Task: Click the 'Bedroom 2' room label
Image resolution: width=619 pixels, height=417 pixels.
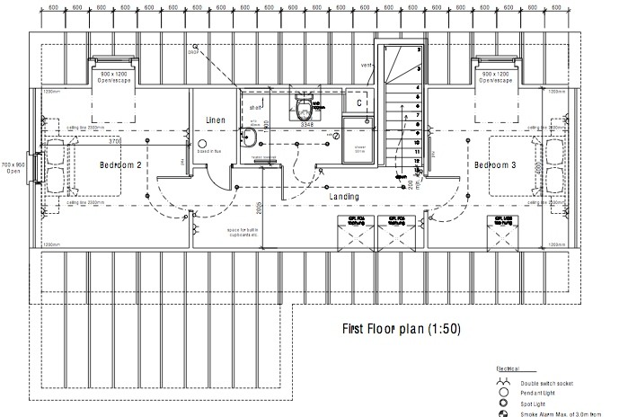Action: tap(121, 166)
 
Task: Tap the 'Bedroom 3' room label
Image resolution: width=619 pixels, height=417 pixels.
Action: tap(496, 166)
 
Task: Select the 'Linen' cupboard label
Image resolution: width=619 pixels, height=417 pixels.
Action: tap(215, 120)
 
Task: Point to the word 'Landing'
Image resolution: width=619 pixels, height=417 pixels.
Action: tap(345, 196)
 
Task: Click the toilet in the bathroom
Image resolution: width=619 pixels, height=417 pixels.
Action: tap(305, 110)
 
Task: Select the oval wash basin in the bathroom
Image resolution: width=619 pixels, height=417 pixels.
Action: tap(251, 138)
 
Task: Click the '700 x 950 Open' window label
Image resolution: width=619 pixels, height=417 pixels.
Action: tap(13, 169)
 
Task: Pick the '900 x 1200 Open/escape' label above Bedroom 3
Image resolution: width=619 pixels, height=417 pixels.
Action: tap(496, 76)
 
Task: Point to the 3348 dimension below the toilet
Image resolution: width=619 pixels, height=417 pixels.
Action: tap(305, 126)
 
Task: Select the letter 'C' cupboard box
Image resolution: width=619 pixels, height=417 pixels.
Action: tap(358, 103)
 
